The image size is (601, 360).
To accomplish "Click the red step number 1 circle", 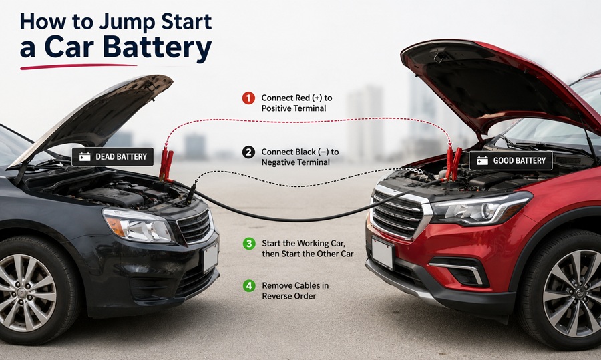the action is (248, 98).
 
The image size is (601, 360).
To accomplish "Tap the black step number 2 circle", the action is (248, 152).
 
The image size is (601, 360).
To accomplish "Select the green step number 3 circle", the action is (249, 243).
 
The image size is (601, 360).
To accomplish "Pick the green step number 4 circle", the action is (249, 286).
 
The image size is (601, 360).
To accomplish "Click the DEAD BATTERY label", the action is (113, 156).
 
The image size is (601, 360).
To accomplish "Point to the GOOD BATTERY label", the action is (511, 160).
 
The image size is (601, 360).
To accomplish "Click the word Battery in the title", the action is (158, 47).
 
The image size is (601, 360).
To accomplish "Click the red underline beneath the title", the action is (78, 67).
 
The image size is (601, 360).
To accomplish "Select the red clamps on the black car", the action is (166, 166).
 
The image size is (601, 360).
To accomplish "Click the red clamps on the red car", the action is (453, 164).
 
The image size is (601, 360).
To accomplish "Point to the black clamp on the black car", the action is (190, 194).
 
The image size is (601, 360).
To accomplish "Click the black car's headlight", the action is (138, 226).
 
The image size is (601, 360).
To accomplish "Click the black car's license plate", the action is (210, 257).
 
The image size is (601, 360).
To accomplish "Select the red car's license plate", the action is (383, 253).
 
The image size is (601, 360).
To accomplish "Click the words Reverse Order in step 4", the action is (288, 296).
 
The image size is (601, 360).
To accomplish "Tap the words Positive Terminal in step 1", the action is (294, 108).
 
